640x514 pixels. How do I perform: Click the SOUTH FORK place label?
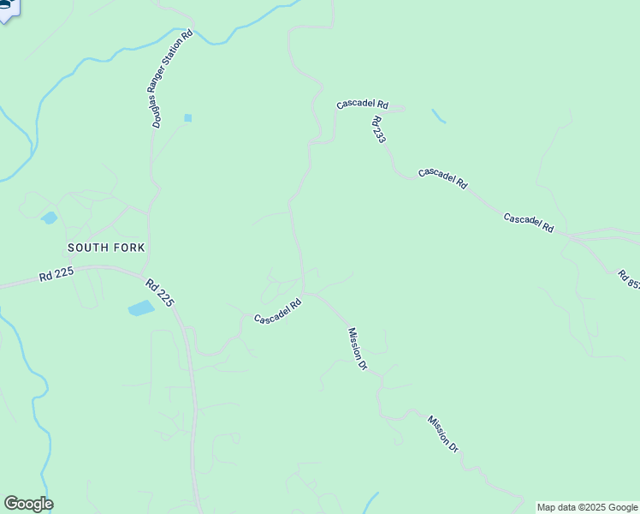click(x=106, y=248)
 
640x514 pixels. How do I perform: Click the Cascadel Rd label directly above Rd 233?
click(x=362, y=105)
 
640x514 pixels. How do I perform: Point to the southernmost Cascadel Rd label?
click(x=278, y=312)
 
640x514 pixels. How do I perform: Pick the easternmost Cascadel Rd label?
click(x=529, y=224)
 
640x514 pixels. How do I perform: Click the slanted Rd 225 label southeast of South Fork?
click(x=160, y=293)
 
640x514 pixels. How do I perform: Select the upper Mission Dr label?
click(x=358, y=349)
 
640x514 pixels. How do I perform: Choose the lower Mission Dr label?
click(x=444, y=433)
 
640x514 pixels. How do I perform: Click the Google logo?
click(x=28, y=504)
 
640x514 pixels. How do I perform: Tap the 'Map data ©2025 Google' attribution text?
click(x=587, y=507)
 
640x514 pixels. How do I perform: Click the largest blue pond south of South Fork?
click(x=141, y=308)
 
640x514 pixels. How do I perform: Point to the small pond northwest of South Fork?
click(x=49, y=218)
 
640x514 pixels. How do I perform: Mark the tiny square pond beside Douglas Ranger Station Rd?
click(x=187, y=117)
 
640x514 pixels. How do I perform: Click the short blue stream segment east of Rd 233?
click(x=439, y=116)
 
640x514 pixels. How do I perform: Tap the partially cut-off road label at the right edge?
click(x=628, y=279)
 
